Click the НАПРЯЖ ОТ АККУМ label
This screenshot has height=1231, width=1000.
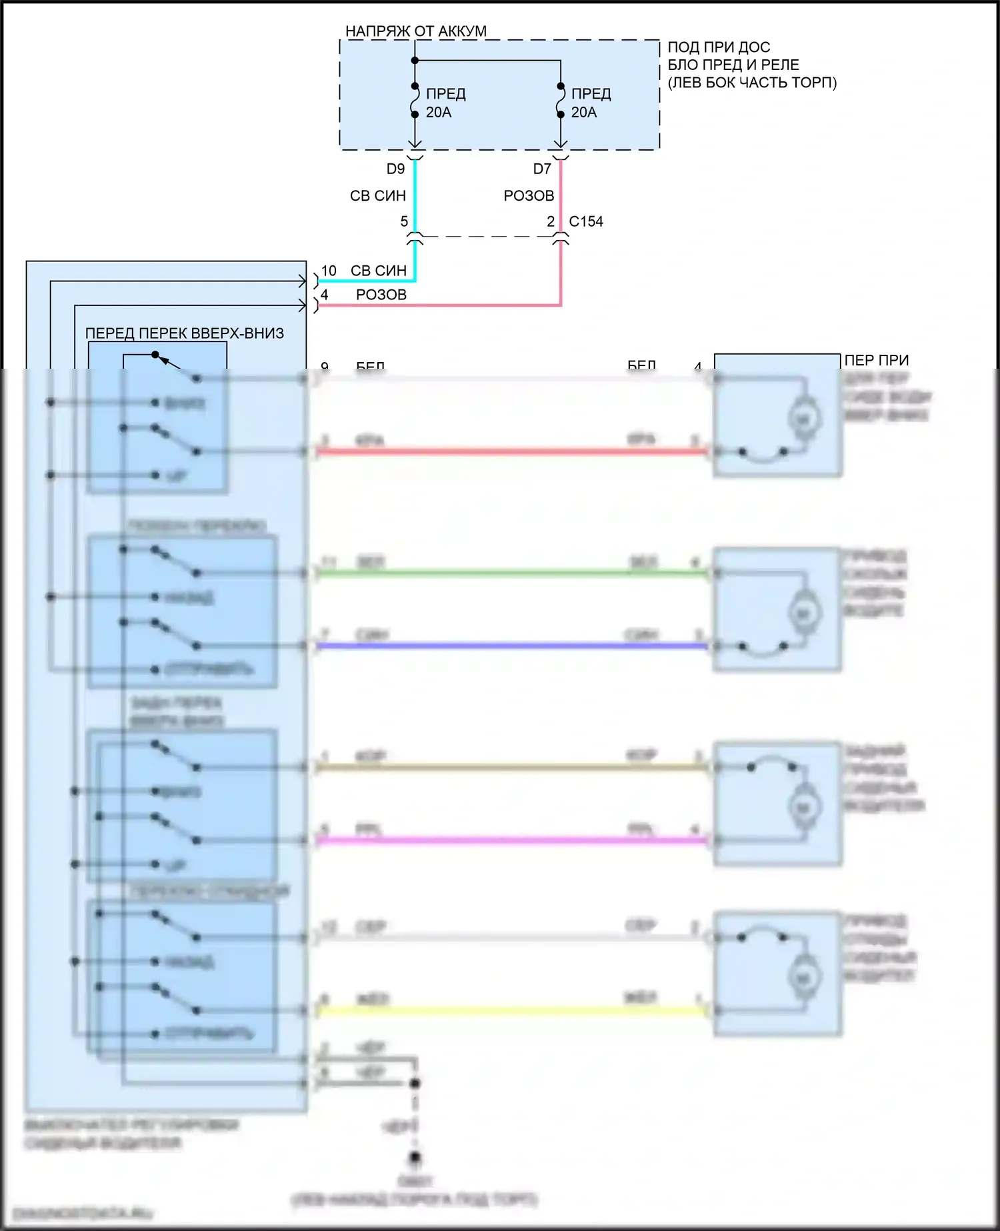[415, 31]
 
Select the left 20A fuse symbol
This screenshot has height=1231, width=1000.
[415, 101]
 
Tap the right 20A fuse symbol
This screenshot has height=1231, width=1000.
[561, 101]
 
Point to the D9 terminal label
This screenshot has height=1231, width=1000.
[395, 169]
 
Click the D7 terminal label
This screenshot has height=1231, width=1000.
[542, 169]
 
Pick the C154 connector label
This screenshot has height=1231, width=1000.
[586, 221]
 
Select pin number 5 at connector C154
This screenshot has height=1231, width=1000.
[404, 221]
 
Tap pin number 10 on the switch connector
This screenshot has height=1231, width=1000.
[329, 271]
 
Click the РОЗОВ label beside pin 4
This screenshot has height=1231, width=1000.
[381, 295]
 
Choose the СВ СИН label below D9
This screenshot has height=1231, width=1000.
[378, 196]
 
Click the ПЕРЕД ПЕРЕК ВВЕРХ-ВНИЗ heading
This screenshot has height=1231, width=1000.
[185, 333]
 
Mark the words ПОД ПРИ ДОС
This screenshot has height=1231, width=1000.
[719, 47]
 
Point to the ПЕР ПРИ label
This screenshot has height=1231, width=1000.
[876, 360]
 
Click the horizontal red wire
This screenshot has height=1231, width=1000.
[510, 451]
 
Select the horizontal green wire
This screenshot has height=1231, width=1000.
[510, 573]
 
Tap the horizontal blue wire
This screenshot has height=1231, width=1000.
[510, 646]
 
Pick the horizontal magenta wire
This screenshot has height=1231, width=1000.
[510, 840]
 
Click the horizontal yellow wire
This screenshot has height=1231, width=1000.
[510, 1011]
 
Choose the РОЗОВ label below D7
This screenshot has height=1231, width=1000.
[529, 196]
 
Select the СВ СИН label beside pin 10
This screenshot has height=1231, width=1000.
[378, 271]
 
